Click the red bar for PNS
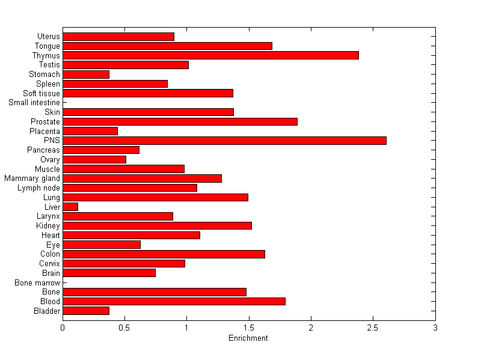tap(224, 141)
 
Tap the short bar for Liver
tap(70, 207)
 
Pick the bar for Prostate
tap(180, 121)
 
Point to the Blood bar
tap(174, 301)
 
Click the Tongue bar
tap(167, 46)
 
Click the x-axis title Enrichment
tap(248, 338)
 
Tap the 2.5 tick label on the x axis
tap(373, 328)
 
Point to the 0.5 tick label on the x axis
tap(124, 328)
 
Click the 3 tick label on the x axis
tap(435, 328)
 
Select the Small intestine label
tap(34, 103)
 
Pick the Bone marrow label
tap(38, 282)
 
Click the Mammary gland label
tap(32, 178)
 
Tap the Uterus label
tap(48, 37)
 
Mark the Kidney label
tap(48, 226)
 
